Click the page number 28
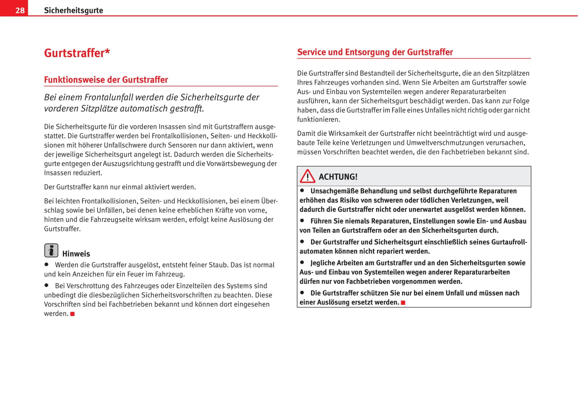coord(20,10)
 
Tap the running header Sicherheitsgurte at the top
coord(73,10)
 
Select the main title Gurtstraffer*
coord(77,53)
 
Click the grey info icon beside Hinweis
coord(51,251)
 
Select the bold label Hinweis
coord(76,254)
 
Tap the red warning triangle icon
coord(308,176)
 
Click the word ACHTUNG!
coord(338,177)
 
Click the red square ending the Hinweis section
coord(72,314)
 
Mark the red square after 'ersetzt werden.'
coord(403,303)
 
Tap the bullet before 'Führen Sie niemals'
coord(302,221)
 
